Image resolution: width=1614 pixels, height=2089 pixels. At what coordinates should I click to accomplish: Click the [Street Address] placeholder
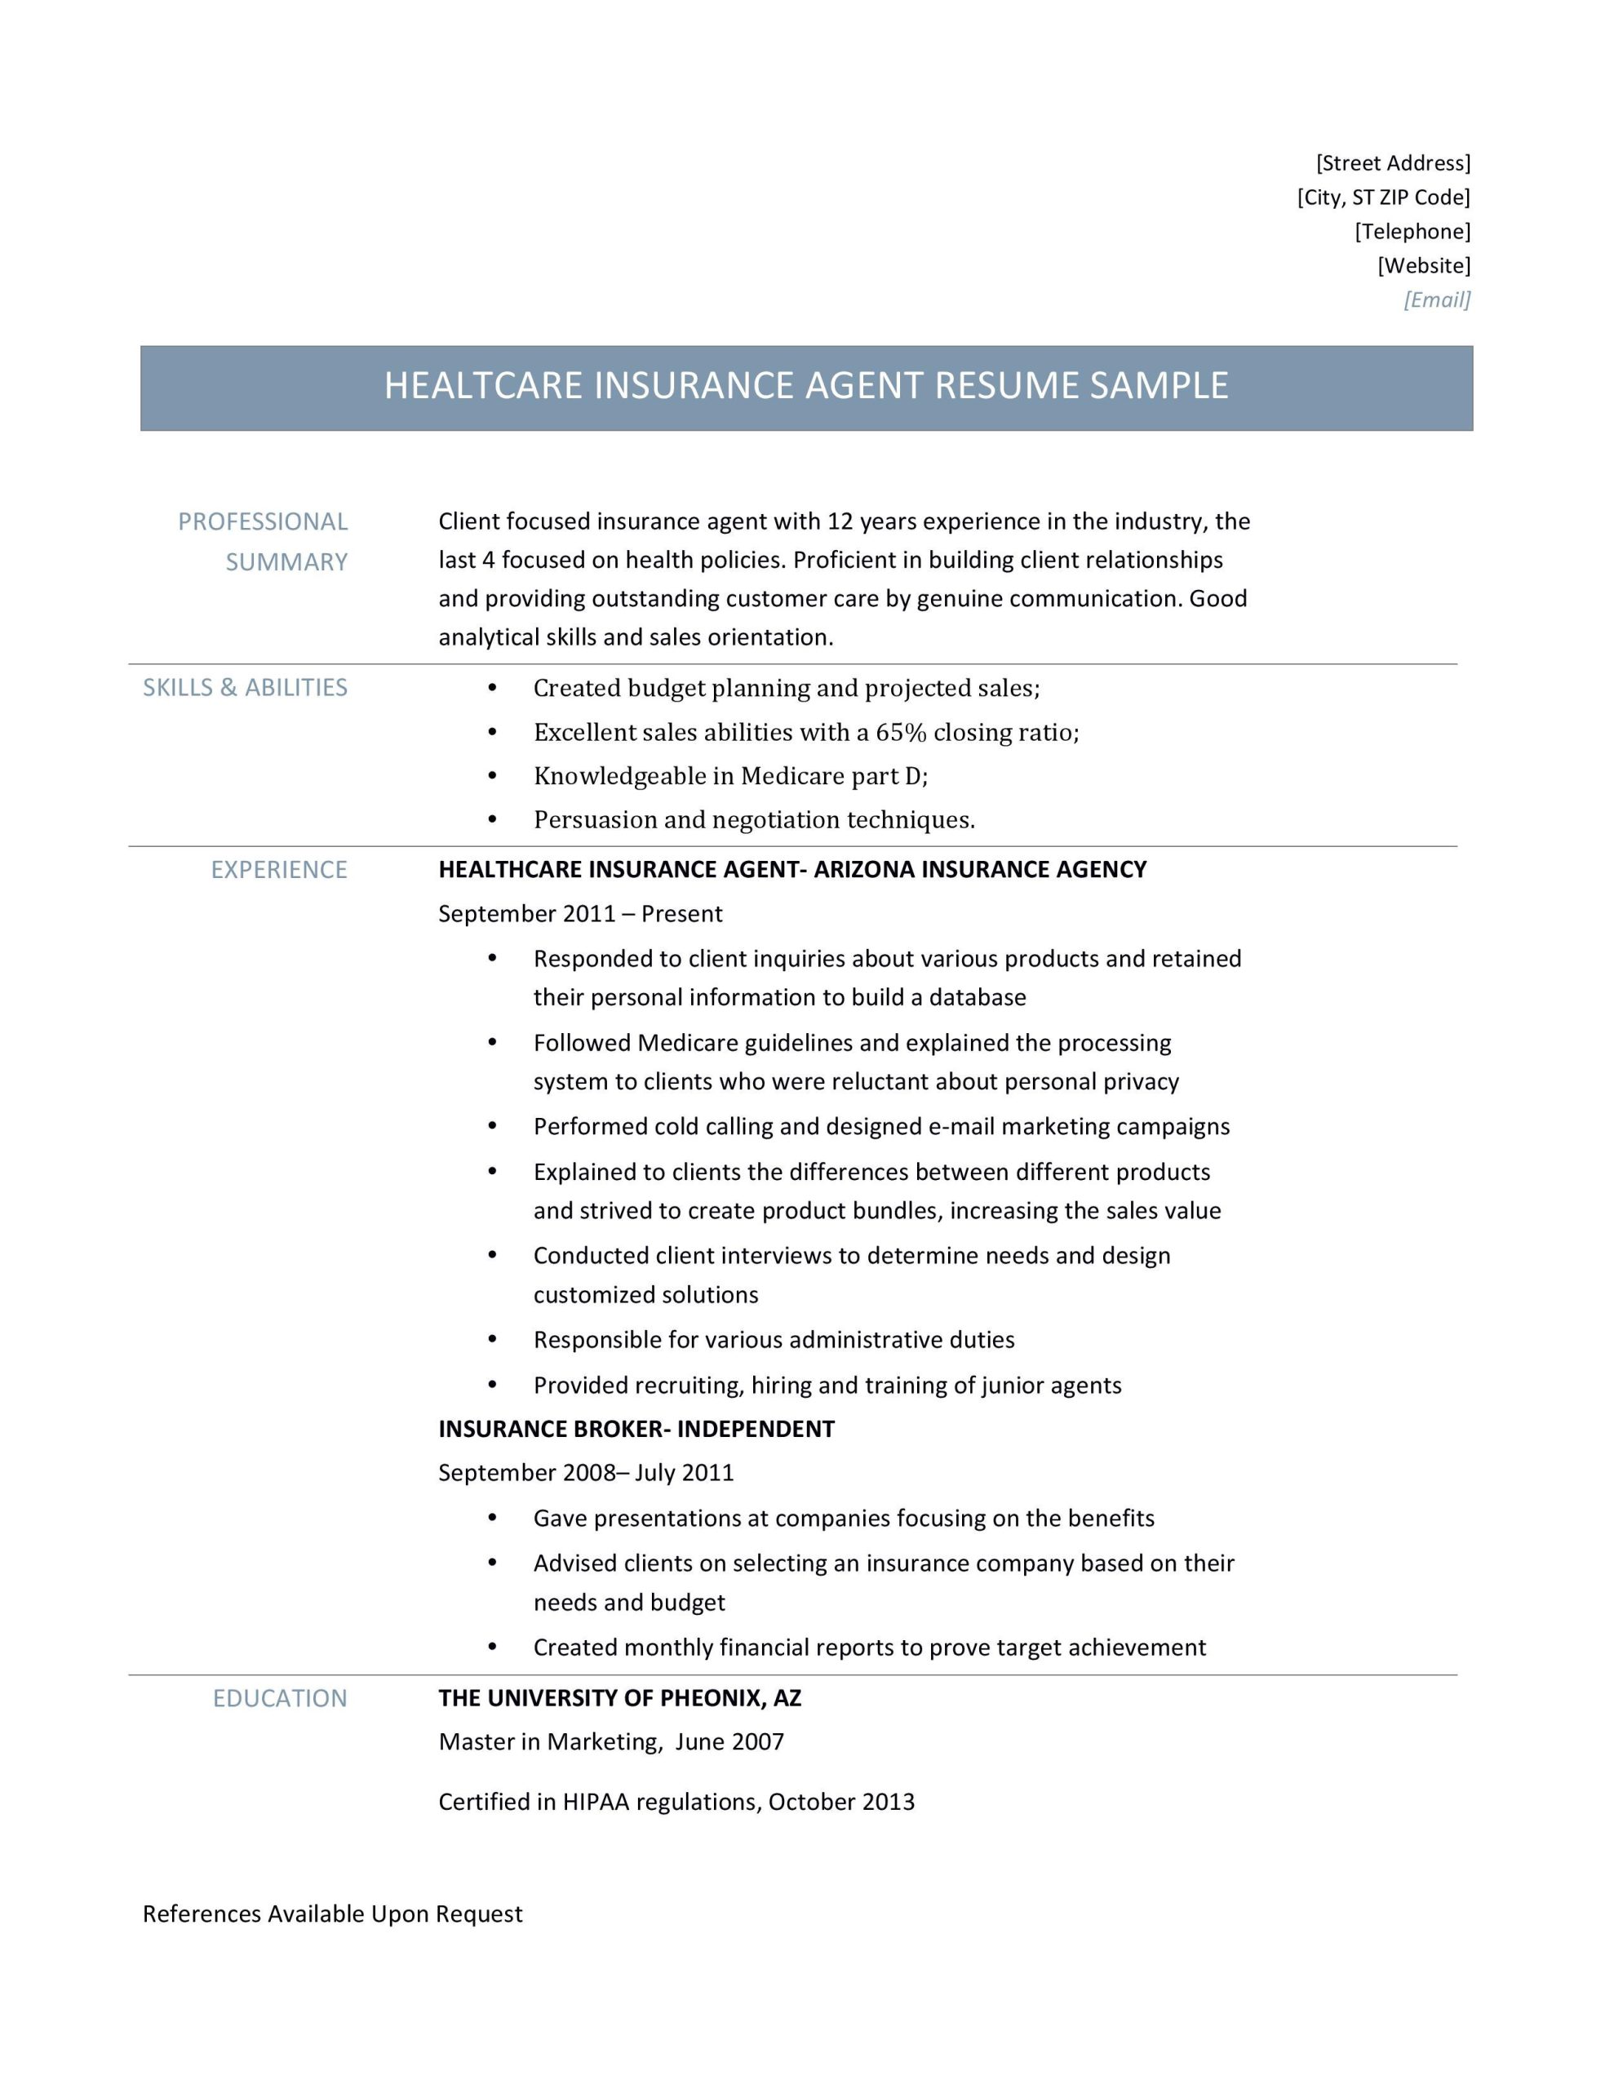(1392, 162)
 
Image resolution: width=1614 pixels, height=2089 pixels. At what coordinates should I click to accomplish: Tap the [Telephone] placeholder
(1412, 232)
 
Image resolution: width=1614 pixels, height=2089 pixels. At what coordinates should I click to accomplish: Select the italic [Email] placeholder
(1436, 300)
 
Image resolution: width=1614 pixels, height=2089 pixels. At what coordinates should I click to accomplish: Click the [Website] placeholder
(1424, 266)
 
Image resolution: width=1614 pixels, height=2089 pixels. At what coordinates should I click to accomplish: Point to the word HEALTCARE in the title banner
(483, 385)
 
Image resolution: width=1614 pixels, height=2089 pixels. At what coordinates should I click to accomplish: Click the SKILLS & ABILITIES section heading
(245, 688)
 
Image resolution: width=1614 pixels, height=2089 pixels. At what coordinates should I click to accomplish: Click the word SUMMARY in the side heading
(286, 561)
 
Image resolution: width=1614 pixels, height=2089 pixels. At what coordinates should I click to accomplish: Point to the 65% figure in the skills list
(901, 733)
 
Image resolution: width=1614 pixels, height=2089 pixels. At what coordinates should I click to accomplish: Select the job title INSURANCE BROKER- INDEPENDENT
(636, 1429)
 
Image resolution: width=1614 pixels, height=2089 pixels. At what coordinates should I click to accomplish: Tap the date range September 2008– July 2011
(586, 1472)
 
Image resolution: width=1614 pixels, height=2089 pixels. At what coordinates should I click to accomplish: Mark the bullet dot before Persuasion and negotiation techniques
(493, 820)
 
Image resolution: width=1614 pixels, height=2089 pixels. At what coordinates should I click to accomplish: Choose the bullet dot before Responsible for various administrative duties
(493, 1340)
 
